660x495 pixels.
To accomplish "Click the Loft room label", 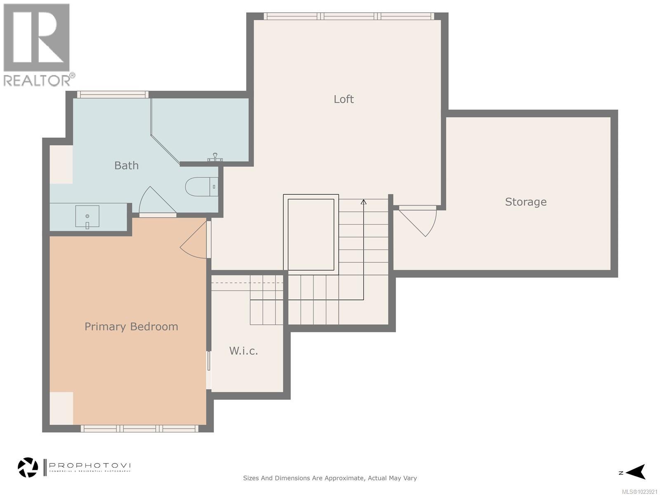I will (344, 99).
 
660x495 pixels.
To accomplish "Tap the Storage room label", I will (526, 202).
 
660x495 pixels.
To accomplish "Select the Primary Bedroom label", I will (131, 326).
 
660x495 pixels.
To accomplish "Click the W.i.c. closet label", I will (243, 351).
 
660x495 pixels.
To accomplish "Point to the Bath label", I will (126, 165).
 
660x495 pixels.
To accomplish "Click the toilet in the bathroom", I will (200, 187).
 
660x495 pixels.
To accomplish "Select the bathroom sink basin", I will (87, 216).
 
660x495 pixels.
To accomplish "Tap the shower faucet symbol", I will (215, 157).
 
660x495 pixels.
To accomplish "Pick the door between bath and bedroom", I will (157, 202).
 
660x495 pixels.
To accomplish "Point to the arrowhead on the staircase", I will (363, 202).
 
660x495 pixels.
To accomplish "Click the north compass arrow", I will (636, 472).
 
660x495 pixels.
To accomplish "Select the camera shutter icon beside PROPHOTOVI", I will (28, 467).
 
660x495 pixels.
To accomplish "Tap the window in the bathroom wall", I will (113, 94).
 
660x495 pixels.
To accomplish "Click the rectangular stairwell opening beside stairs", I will (311, 234).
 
